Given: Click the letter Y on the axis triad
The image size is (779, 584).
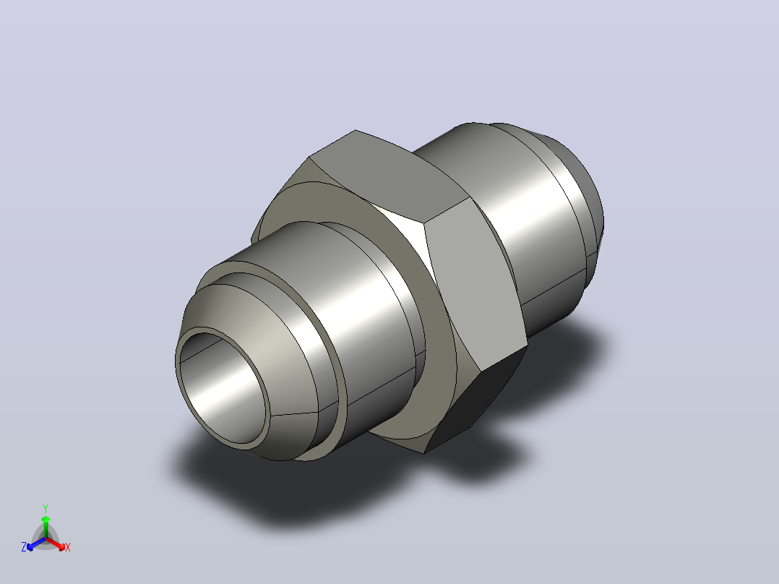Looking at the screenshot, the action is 46,508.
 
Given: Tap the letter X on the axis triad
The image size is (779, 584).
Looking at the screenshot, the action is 68,547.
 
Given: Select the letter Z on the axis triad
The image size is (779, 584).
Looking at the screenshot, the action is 24,546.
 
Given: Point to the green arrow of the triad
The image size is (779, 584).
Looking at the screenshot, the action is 46,526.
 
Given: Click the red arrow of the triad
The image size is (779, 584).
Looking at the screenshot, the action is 56,544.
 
